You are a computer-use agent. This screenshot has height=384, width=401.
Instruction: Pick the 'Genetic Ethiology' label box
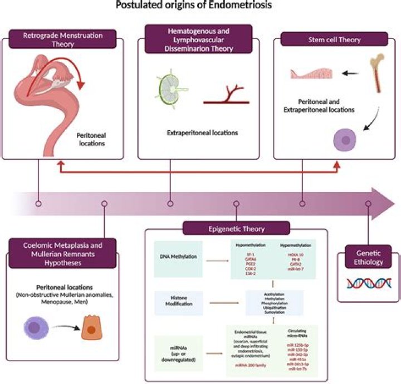point(365,257)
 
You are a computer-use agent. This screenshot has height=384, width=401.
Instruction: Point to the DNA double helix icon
point(365,284)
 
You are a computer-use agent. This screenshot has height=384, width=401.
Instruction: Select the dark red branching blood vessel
point(226,95)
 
